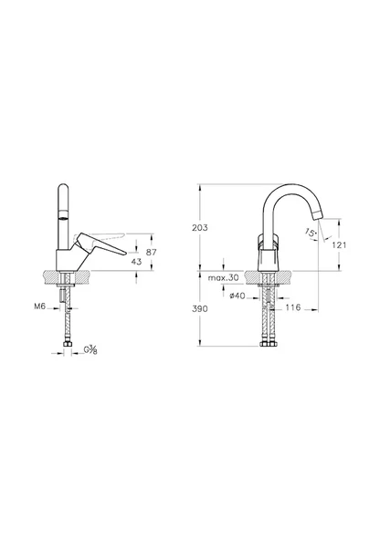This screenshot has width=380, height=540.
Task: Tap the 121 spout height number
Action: click(339, 245)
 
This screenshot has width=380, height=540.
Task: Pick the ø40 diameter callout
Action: click(236, 296)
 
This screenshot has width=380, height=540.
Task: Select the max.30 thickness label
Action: click(223, 277)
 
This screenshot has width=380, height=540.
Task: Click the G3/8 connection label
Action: click(91, 350)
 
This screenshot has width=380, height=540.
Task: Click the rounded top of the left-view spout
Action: click(65, 184)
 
